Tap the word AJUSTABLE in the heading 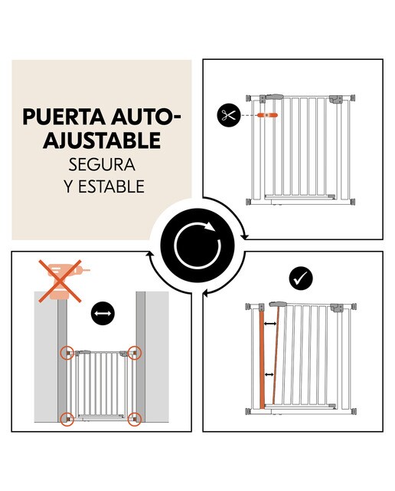pyautogui.click(x=102, y=140)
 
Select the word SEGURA pyautogui.click(x=102, y=164)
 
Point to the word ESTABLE pyautogui.click(x=111, y=186)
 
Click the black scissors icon pyautogui.click(x=228, y=115)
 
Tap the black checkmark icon pyautogui.click(x=301, y=278)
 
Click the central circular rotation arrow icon pyautogui.click(x=197, y=245)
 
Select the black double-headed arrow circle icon pyautogui.click(x=103, y=313)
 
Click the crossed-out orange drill pyautogui.click(x=63, y=281)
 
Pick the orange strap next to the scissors pyautogui.click(x=267, y=115)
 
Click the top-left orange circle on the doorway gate pyautogui.click(x=67, y=353)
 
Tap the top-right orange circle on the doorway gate pyautogui.click(x=135, y=353)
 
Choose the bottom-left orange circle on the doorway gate pyautogui.click(x=67, y=419)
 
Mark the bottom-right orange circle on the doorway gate pyautogui.click(x=135, y=419)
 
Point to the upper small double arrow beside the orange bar pyautogui.click(x=270, y=324)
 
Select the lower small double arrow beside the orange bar pyautogui.click(x=269, y=374)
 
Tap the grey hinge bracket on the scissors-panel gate pyautogui.click(x=336, y=99)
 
